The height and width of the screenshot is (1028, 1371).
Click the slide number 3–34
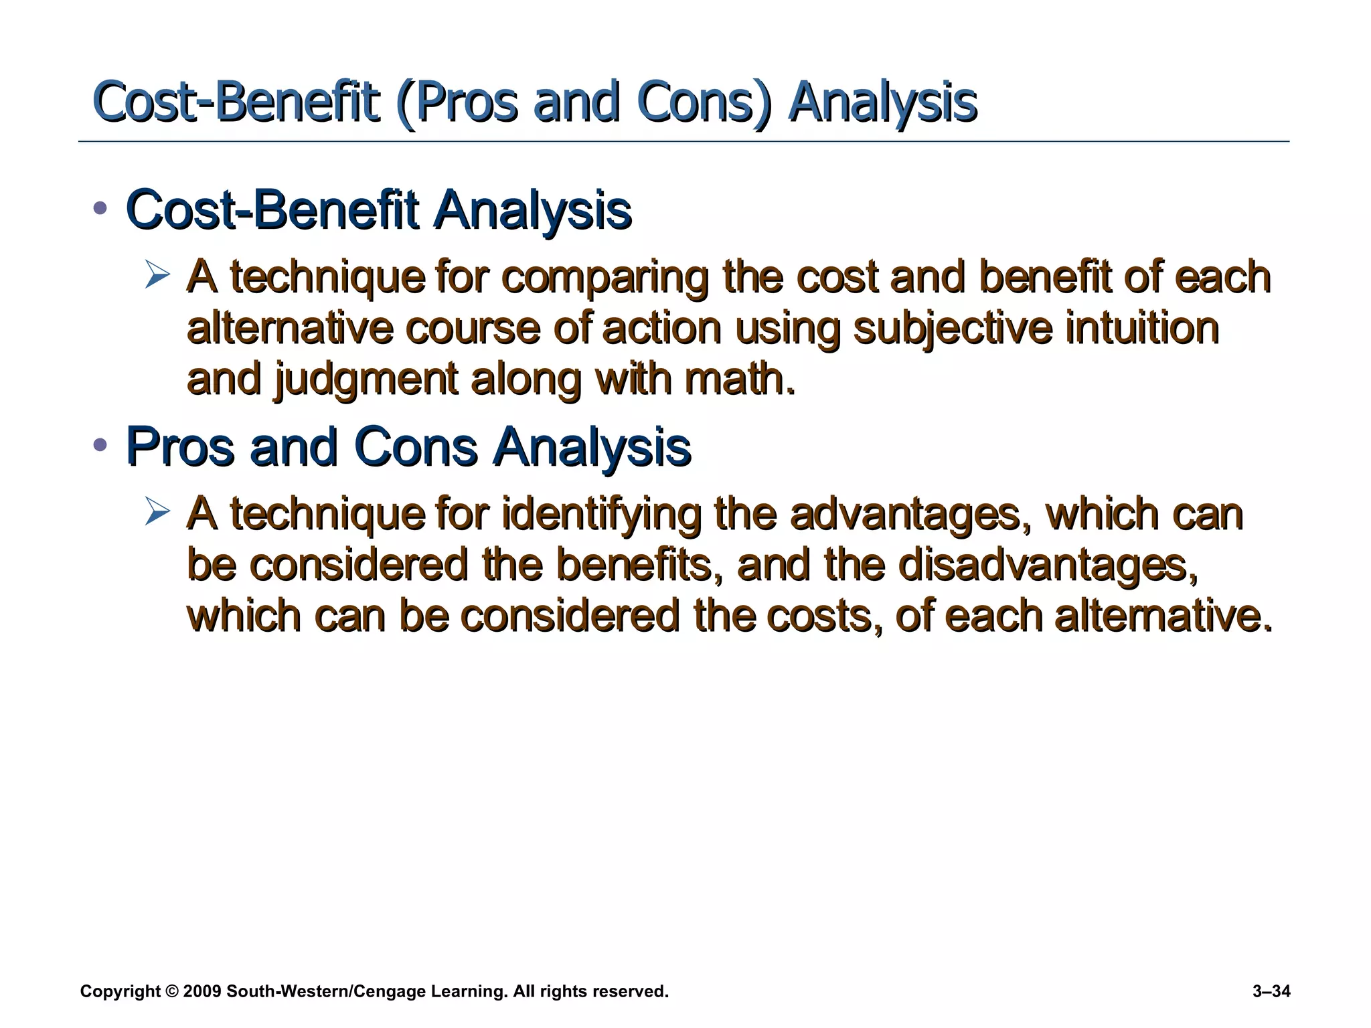(x=1271, y=992)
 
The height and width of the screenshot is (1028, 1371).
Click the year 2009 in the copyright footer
(x=201, y=992)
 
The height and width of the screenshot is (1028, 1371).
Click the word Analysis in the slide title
(x=882, y=104)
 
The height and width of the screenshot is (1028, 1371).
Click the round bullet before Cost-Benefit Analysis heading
(x=100, y=208)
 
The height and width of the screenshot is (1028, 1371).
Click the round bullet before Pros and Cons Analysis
(x=100, y=444)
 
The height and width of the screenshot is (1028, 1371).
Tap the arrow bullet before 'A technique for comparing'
(x=157, y=276)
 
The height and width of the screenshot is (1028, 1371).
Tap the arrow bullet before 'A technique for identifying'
(x=157, y=513)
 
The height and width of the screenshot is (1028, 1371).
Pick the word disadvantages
(x=1048, y=566)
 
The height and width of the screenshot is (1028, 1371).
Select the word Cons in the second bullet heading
(x=415, y=447)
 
